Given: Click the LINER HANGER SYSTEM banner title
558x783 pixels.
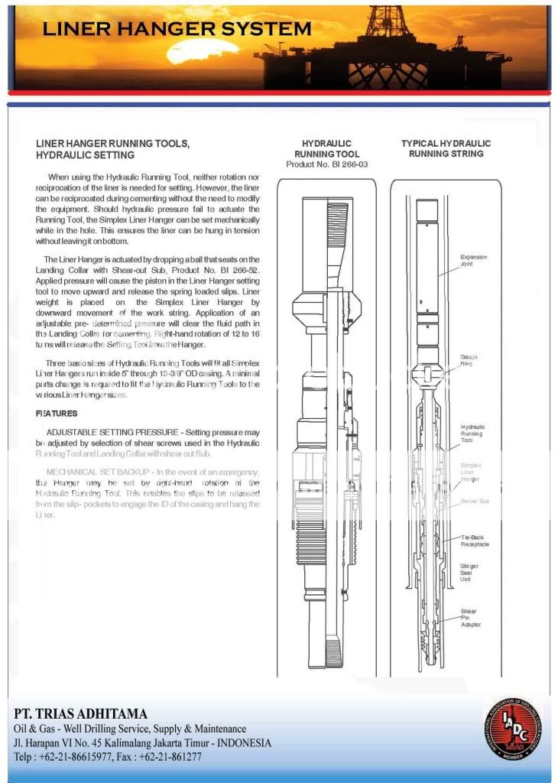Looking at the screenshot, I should click(x=177, y=29).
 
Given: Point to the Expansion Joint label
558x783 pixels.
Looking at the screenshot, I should click(x=473, y=260).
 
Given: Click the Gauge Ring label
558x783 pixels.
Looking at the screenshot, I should click(x=467, y=360).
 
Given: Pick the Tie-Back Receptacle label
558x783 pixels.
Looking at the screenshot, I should click(x=475, y=541).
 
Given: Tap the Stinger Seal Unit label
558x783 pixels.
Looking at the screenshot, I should click(x=469, y=573).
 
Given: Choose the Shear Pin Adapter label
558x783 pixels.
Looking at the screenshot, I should click(x=470, y=618).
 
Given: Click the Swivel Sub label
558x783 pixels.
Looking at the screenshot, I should click(x=474, y=501).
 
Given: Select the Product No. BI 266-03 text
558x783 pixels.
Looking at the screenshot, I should click(x=326, y=164).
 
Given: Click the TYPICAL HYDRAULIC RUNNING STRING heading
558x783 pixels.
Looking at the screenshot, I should click(x=446, y=148).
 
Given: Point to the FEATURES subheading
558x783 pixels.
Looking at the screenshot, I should click(x=57, y=414).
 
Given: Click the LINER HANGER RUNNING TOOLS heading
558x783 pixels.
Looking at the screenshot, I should click(x=112, y=149).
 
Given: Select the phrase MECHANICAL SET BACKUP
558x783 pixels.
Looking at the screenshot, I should click(x=99, y=472).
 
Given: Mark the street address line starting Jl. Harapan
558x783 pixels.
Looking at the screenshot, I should click(x=141, y=742).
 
